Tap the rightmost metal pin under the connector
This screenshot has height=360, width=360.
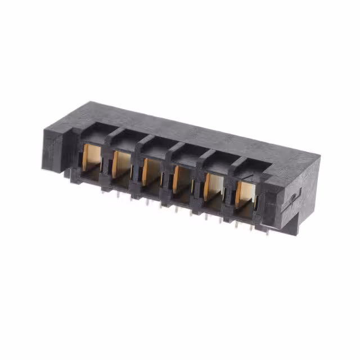pyautogui.click(x=267, y=231)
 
